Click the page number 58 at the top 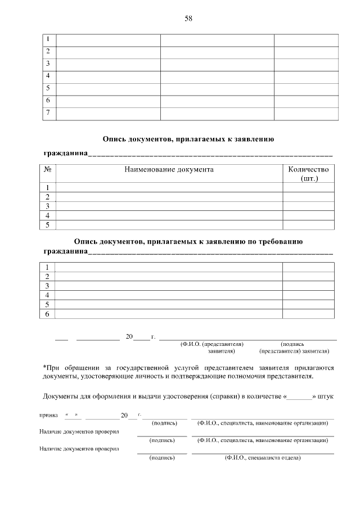coord(188,19)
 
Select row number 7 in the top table coord(48,112)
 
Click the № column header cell coord(48,169)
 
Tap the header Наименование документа coord(169,169)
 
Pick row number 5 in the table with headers coord(48,225)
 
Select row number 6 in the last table coord(48,314)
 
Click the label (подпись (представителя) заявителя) coord(294,346)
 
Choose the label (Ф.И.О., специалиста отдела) coord(262,458)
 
